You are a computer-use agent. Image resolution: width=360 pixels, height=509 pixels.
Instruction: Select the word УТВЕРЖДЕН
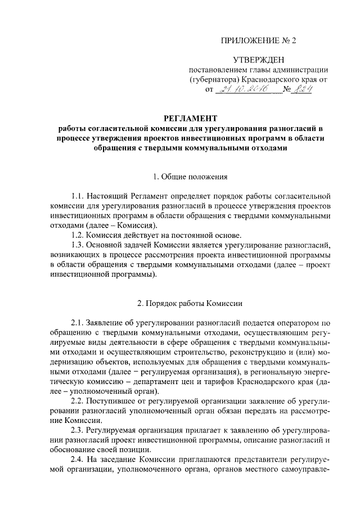pyautogui.click(x=258, y=60)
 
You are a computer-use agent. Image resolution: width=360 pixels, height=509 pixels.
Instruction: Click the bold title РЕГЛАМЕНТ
pyautogui.click(x=190, y=119)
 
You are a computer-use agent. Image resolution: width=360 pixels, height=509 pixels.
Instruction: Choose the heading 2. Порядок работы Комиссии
pyautogui.click(x=190, y=303)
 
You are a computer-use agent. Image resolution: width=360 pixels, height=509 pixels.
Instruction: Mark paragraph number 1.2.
pyautogui.click(x=78, y=235)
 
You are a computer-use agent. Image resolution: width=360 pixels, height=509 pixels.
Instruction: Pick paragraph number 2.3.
pyautogui.click(x=78, y=430)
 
